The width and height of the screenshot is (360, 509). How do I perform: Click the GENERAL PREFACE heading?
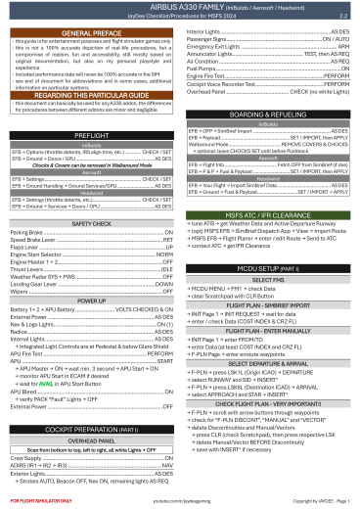click(x=91, y=32)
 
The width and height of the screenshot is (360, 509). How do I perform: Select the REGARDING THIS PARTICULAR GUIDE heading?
click(x=91, y=94)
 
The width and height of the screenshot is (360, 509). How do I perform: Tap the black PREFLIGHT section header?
click(x=91, y=133)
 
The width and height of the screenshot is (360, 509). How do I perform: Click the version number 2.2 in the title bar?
click(x=342, y=17)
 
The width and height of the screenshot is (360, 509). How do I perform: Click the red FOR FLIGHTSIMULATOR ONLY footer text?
click(x=37, y=500)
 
